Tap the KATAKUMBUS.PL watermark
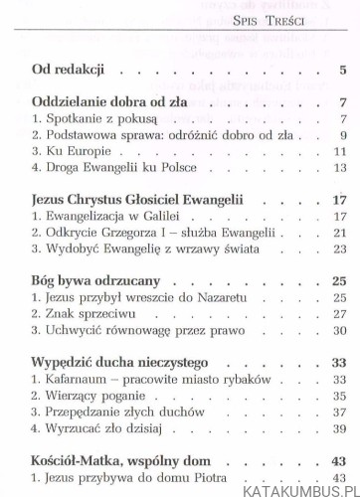click(297, 484)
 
